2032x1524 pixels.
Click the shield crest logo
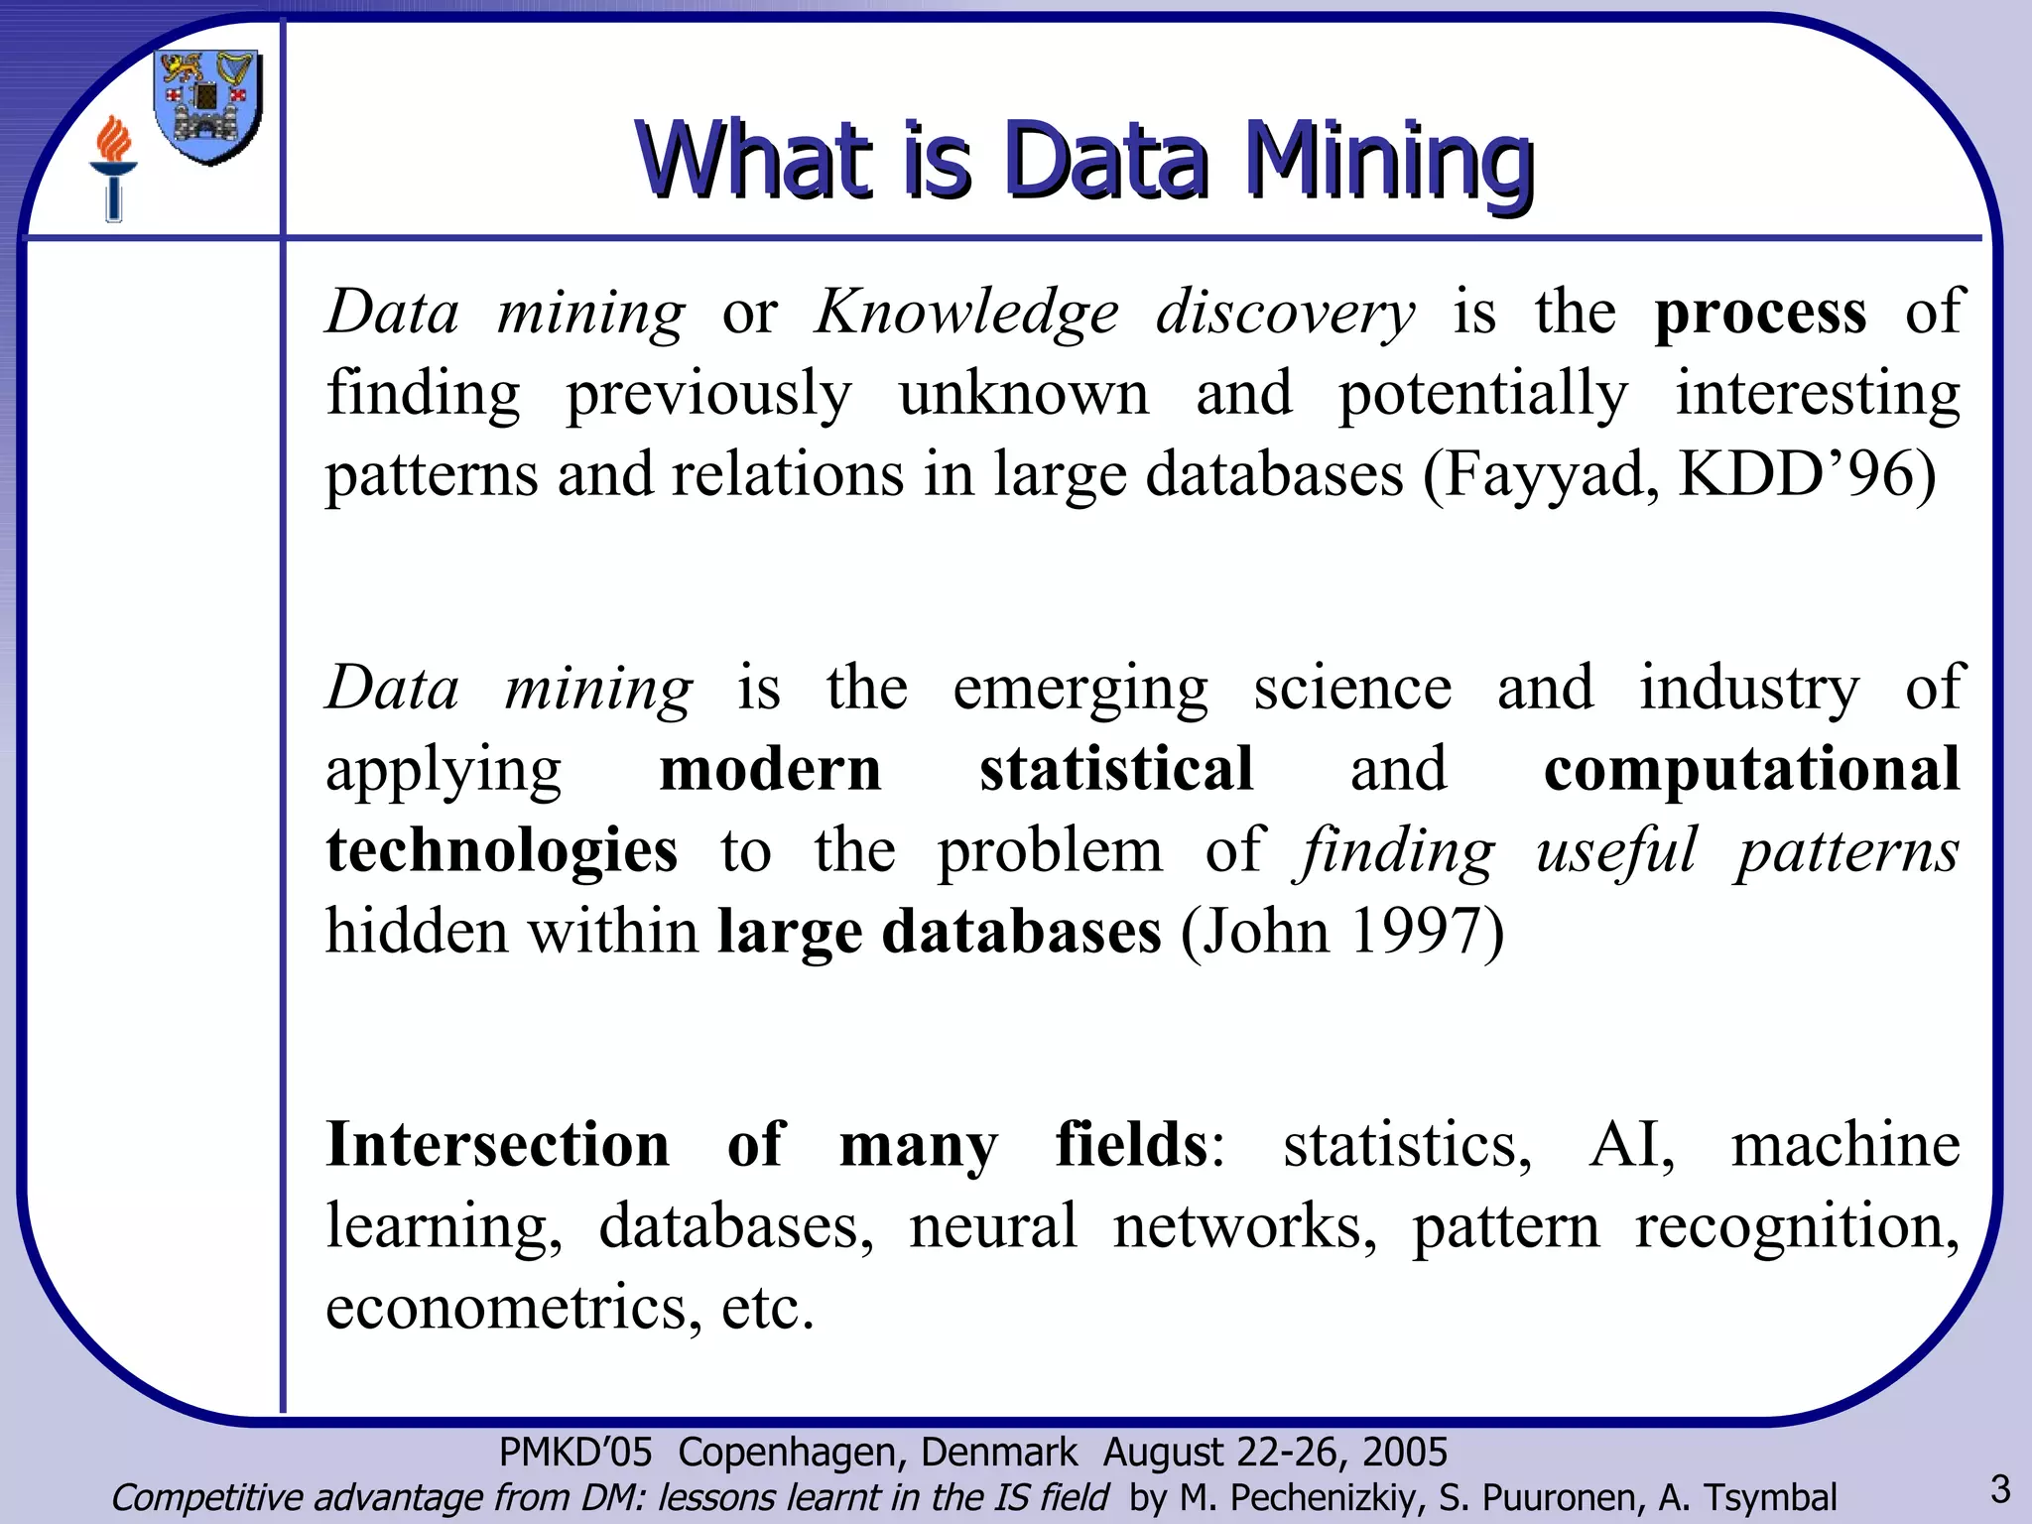point(208,107)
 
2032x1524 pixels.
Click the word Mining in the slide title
point(1389,161)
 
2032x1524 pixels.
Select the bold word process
point(1760,313)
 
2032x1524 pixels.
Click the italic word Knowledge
point(966,313)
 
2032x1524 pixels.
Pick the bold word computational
point(1751,769)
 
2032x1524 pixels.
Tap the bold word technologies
point(502,850)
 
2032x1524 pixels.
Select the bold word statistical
point(1116,769)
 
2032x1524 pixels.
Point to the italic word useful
point(1616,850)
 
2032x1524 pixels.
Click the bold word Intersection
point(498,1144)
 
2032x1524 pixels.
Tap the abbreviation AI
point(1631,1144)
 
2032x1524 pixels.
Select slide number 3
point(2000,1489)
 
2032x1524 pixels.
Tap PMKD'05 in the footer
point(575,1453)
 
